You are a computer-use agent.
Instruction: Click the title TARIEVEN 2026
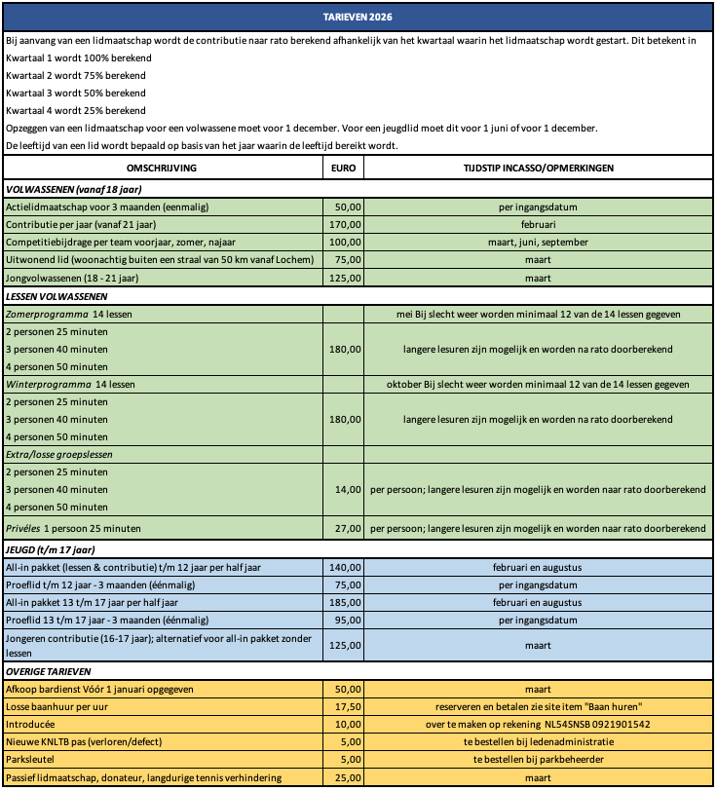[x=358, y=19]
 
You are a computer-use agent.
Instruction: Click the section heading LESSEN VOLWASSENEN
[x=57, y=296]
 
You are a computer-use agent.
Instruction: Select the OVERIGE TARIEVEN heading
[x=49, y=672]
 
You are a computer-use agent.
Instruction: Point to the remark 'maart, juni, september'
[x=538, y=243]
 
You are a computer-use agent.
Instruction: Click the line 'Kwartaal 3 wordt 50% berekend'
[x=76, y=94]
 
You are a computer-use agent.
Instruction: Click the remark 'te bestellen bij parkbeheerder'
[x=538, y=760]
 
